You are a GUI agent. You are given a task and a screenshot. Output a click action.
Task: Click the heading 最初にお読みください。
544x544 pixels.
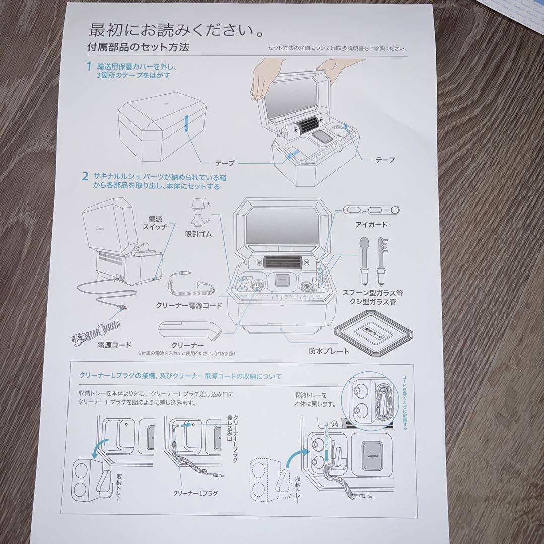click(x=176, y=30)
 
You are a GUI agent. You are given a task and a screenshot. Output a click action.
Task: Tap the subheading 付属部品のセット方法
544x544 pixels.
click(x=138, y=48)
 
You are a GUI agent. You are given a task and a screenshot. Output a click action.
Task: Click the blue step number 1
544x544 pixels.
click(x=88, y=66)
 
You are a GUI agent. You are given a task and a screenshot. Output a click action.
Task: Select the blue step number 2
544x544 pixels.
click(x=85, y=176)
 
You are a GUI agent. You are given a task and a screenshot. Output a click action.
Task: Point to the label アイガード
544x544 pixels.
click(x=372, y=224)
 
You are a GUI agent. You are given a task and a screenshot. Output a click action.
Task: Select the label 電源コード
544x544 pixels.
click(x=114, y=345)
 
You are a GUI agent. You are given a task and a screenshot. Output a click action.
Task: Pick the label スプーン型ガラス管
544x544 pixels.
click(x=372, y=292)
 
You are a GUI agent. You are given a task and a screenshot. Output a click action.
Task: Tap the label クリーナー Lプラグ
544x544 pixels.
click(x=195, y=493)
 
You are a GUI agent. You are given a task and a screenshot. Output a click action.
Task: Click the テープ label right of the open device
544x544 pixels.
click(x=385, y=160)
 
